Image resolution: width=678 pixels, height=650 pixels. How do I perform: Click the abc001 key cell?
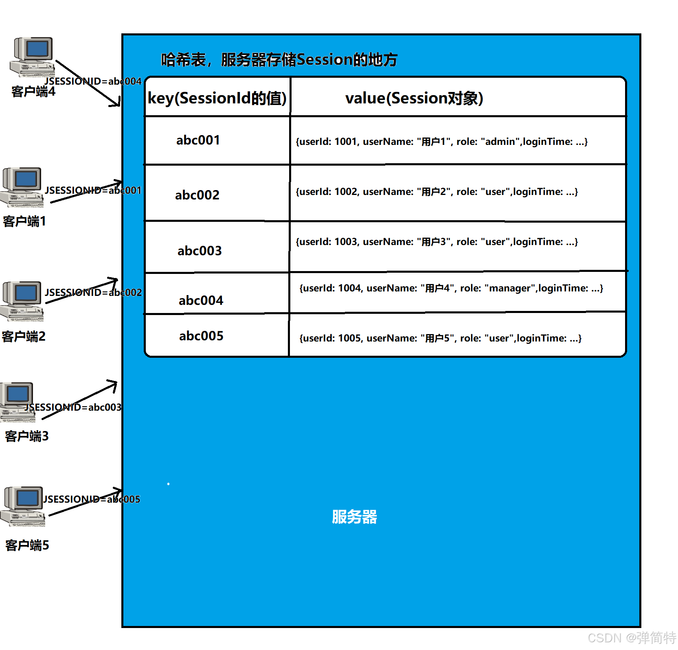[x=198, y=140]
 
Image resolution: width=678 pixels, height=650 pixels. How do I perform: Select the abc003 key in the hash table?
[x=200, y=251]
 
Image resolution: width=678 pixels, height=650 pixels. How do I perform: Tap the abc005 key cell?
[x=201, y=336]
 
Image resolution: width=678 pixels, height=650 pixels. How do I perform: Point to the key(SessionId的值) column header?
[x=217, y=98]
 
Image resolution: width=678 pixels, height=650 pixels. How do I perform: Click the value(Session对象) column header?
[x=414, y=98]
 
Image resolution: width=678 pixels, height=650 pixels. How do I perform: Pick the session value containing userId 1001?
[x=441, y=142]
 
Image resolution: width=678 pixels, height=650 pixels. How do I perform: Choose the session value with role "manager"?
[x=451, y=288]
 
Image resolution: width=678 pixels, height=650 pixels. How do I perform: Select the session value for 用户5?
[x=440, y=338]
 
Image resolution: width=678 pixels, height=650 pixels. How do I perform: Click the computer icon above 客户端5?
[x=24, y=506]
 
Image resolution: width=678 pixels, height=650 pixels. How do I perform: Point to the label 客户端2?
[x=24, y=337]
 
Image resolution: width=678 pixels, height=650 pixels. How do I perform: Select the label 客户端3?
[x=27, y=436]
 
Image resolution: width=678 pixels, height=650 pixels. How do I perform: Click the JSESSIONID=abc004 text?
[x=93, y=81]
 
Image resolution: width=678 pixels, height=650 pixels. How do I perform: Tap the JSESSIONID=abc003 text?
[x=73, y=407]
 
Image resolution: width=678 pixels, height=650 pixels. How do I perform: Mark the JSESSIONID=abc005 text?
[x=92, y=499]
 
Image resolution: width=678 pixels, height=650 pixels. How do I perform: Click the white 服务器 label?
[x=354, y=517]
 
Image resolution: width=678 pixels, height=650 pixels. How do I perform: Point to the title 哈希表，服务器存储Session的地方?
[x=279, y=60]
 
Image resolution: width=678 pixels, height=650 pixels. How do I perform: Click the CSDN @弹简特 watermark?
[x=632, y=638]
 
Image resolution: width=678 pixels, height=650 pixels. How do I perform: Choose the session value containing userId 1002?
[x=437, y=192]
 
